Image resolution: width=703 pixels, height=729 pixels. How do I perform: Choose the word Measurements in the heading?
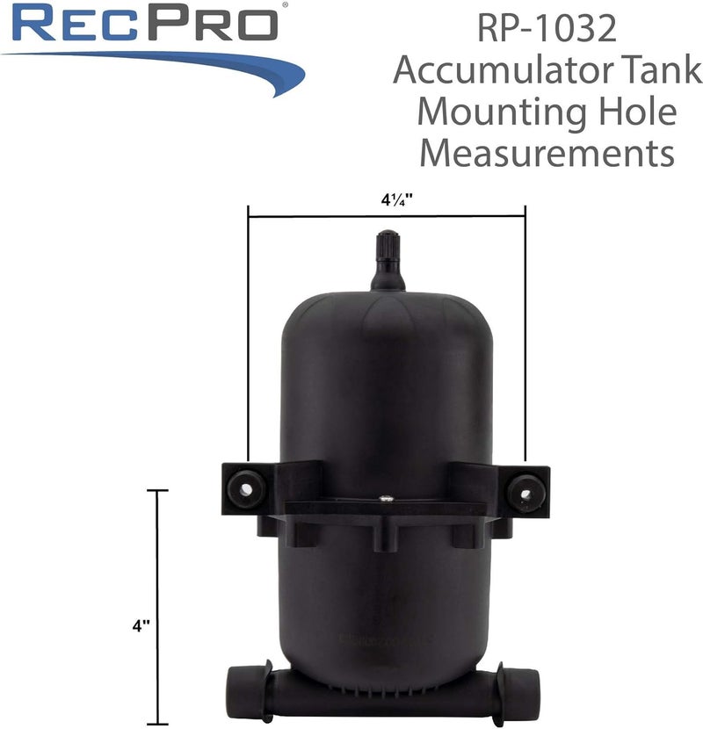(547, 155)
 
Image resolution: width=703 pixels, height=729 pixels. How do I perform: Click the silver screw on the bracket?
(386, 499)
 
